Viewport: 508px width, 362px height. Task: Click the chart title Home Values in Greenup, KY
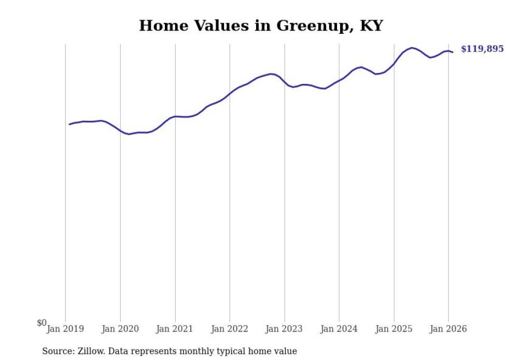coord(261,25)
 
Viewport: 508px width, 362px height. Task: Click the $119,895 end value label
coord(482,49)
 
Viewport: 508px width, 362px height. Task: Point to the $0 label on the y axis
coord(41,323)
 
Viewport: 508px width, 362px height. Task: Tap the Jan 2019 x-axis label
coord(65,329)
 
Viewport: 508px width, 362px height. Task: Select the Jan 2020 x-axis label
coord(120,329)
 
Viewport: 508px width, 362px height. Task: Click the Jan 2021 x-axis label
coord(175,329)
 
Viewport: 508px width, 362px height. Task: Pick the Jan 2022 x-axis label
coord(230,329)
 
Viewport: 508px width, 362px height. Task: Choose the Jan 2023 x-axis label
coord(285,329)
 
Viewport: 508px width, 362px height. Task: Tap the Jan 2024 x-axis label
coord(339,329)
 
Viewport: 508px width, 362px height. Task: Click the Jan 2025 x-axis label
coord(394,329)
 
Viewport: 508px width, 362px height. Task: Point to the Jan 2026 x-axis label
coord(448,329)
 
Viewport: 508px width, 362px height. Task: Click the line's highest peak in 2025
coord(412,48)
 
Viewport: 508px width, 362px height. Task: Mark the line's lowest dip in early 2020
coord(129,134)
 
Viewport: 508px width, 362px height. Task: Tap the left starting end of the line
coord(69,124)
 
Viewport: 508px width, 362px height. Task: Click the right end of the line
coord(453,52)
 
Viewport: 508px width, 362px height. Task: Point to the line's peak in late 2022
coord(271,74)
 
